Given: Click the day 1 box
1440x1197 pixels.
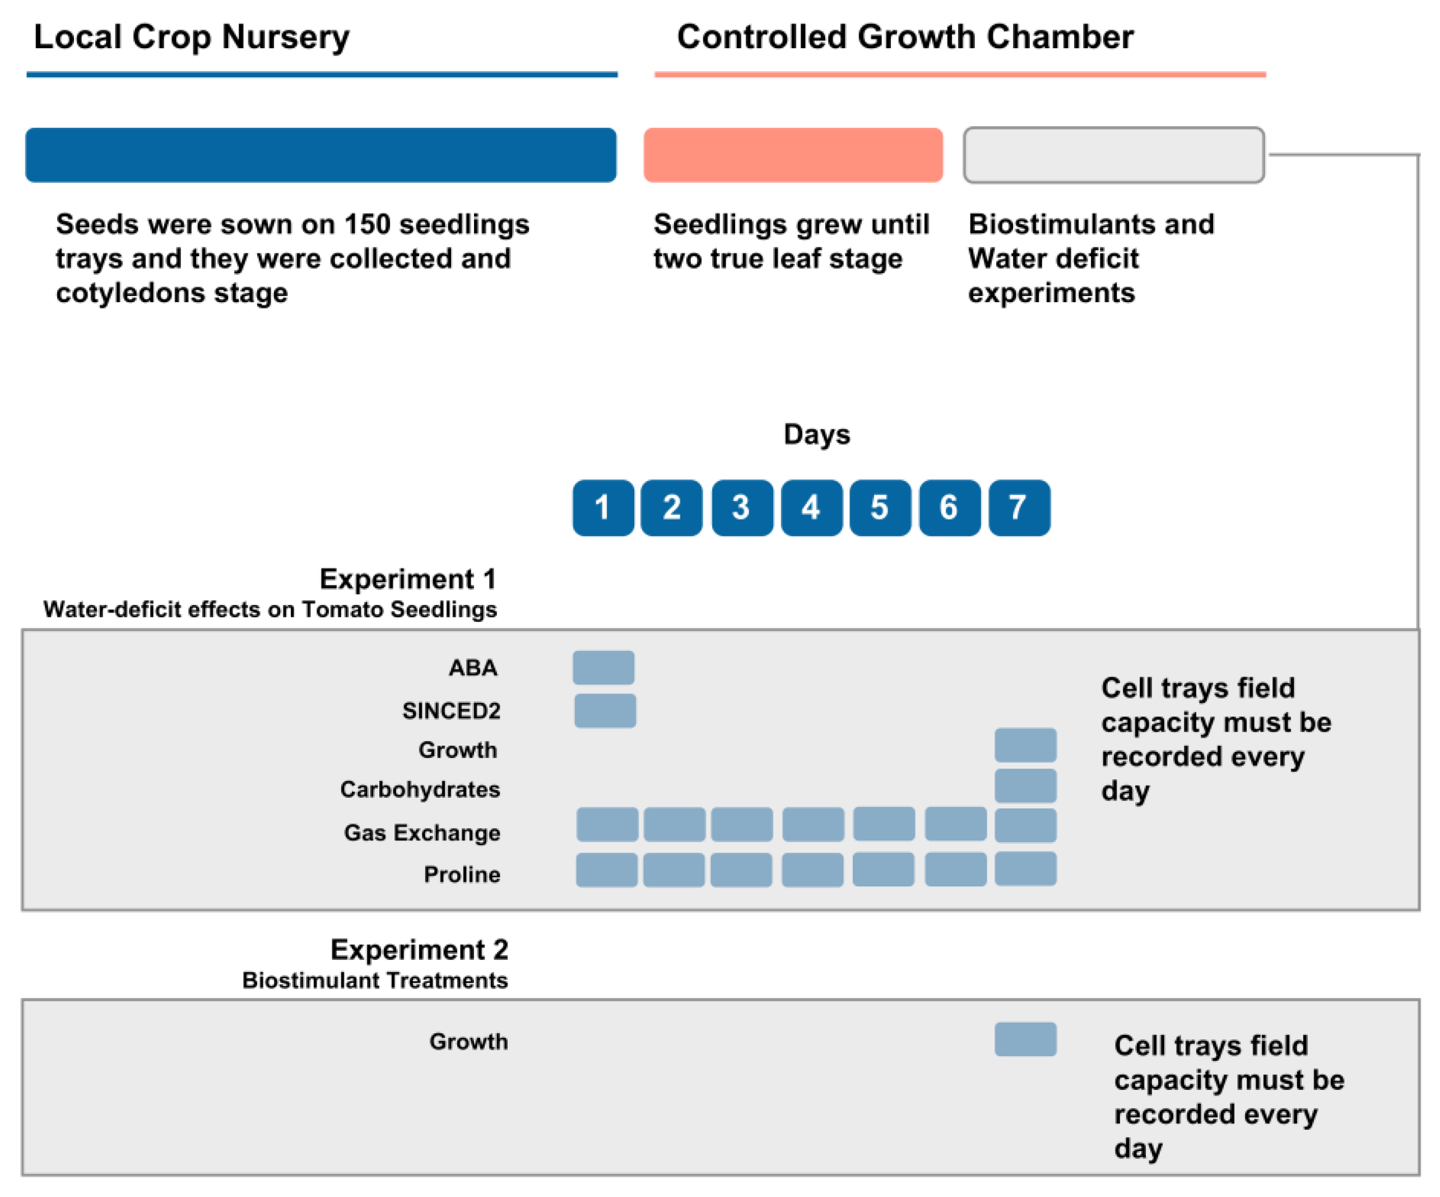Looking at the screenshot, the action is (x=603, y=507).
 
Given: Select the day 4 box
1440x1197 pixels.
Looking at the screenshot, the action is (x=812, y=507).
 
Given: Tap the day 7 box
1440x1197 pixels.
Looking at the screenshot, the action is (x=1019, y=507).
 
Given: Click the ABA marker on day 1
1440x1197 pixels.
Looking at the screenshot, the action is (x=603, y=667).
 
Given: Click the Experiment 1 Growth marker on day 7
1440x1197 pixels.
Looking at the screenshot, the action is (x=1025, y=745).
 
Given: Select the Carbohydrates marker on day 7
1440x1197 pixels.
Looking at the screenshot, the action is (x=1025, y=785).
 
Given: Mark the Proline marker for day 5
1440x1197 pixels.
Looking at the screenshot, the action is (x=883, y=869).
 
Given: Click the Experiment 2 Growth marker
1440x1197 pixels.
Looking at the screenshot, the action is (x=1025, y=1039).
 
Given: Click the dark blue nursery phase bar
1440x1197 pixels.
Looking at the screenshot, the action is (x=321, y=155).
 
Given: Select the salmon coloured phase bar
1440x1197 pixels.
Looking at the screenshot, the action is (x=793, y=155).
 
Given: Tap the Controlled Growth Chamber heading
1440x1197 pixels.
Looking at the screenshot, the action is (x=905, y=37).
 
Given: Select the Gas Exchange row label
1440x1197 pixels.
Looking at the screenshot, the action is (x=422, y=833).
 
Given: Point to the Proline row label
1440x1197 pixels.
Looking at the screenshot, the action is (x=462, y=875).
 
